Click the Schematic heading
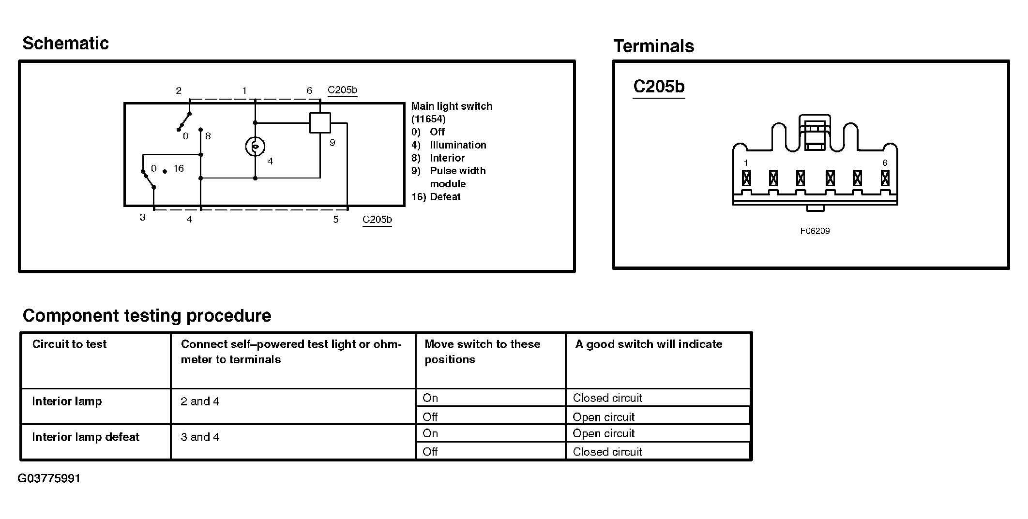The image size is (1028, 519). (x=65, y=44)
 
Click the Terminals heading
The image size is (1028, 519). (x=653, y=46)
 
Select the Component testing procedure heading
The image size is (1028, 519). (x=147, y=316)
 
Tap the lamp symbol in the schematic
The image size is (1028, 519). (x=255, y=147)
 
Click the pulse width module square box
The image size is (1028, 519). (x=320, y=122)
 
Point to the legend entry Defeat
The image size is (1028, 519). (x=445, y=197)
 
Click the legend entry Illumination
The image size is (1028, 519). (x=457, y=145)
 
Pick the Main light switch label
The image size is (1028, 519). (x=452, y=106)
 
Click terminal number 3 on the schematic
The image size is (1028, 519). (x=143, y=218)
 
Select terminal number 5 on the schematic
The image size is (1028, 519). (x=336, y=220)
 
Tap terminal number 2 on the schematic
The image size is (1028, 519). (x=179, y=91)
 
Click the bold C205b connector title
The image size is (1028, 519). (x=659, y=87)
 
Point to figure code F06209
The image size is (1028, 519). (x=815, y=231)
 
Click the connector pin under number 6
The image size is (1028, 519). (x=885, y=178)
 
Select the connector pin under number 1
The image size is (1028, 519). (x=746, y=178)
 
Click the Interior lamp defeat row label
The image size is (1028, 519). (x=86, y=437)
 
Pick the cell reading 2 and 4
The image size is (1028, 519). (x=200, y=401)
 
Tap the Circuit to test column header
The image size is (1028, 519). (x=69, y=344)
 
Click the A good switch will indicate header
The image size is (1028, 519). (x=649, y=344)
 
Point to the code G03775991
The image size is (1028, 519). (x=49, y=478)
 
